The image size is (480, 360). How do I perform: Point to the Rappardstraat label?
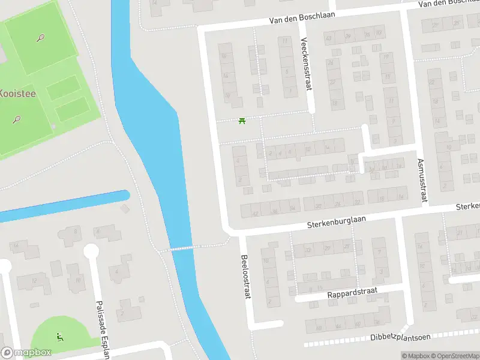click(352, 294)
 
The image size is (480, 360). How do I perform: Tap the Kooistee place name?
click(17, 93)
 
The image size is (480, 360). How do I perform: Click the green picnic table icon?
click(242, 121)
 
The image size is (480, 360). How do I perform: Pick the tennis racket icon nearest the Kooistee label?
click(16, 119)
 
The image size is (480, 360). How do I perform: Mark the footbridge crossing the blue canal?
click(182, 247)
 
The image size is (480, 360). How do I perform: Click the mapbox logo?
click(26, 353)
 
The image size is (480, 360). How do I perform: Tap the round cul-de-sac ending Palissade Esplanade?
click(91, 251)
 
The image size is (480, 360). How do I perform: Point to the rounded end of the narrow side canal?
click(125, 195)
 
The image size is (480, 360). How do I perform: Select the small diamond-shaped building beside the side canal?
click(125, 209)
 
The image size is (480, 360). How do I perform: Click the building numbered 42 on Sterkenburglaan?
click(256, 212)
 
